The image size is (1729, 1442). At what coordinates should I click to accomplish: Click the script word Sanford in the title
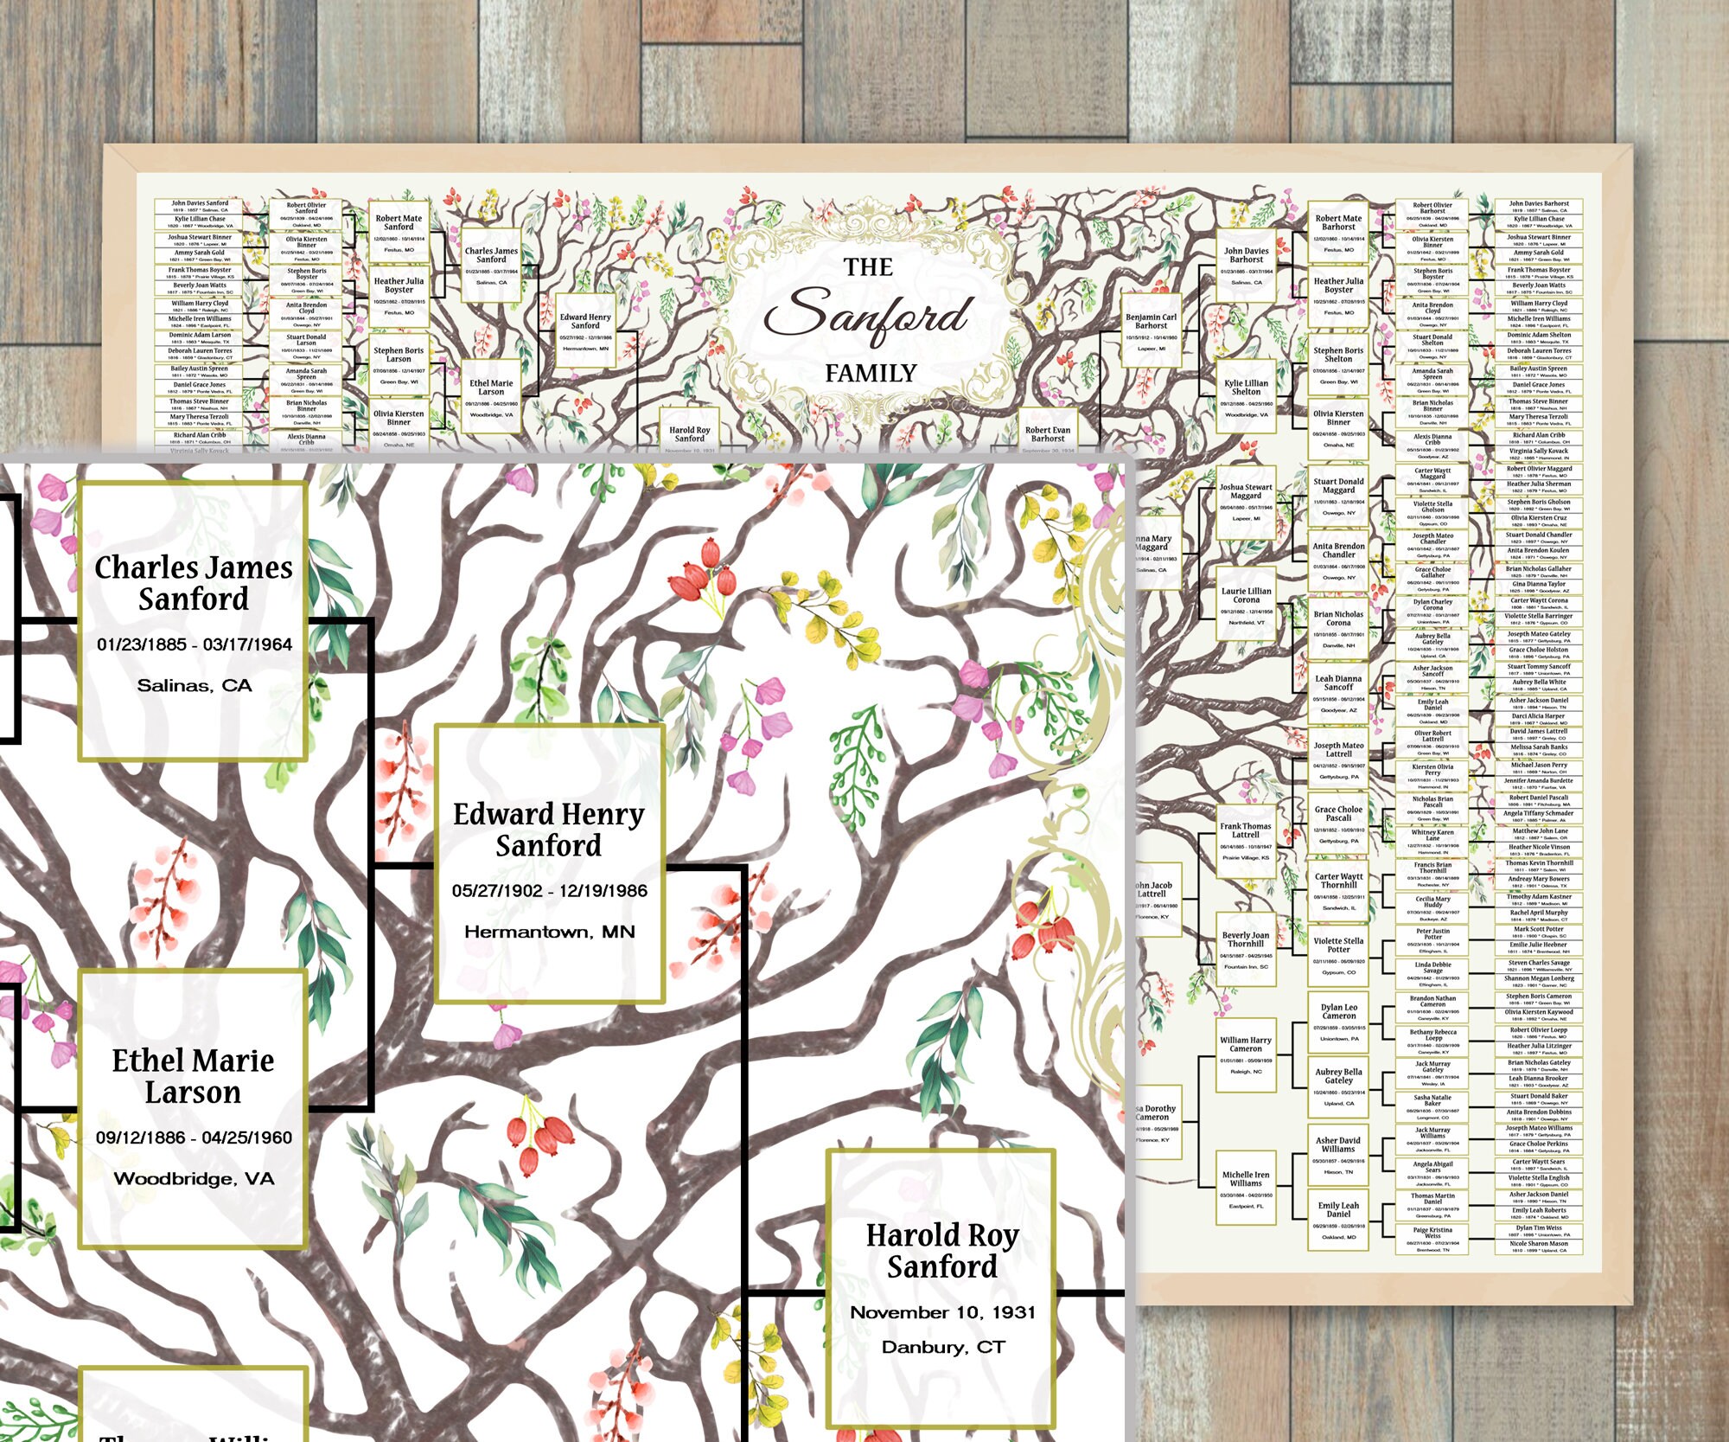point(867,317)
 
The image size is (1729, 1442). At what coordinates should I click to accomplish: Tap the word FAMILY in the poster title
point(870,374)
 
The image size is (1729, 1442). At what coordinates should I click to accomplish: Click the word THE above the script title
point(868,267)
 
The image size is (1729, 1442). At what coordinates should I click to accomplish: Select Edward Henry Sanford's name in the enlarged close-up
point(549,830)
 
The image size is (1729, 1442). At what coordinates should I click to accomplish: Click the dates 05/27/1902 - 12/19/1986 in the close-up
point(549,891)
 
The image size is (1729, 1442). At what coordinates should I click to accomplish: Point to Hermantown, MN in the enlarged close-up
point(549,932)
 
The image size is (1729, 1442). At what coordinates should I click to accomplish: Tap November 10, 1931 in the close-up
point(942,1312)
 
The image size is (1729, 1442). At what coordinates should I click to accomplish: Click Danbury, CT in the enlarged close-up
point(942,1347)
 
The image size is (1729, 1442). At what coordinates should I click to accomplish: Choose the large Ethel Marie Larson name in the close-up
point(193,1076)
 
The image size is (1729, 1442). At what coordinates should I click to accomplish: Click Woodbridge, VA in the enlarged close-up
point(194,1178)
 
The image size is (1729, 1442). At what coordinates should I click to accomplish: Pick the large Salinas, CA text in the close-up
point(194,685)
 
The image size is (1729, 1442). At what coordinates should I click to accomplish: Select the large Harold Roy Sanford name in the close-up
point(942,1251)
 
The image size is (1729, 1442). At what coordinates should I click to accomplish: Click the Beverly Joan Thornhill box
point(1245,948)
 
